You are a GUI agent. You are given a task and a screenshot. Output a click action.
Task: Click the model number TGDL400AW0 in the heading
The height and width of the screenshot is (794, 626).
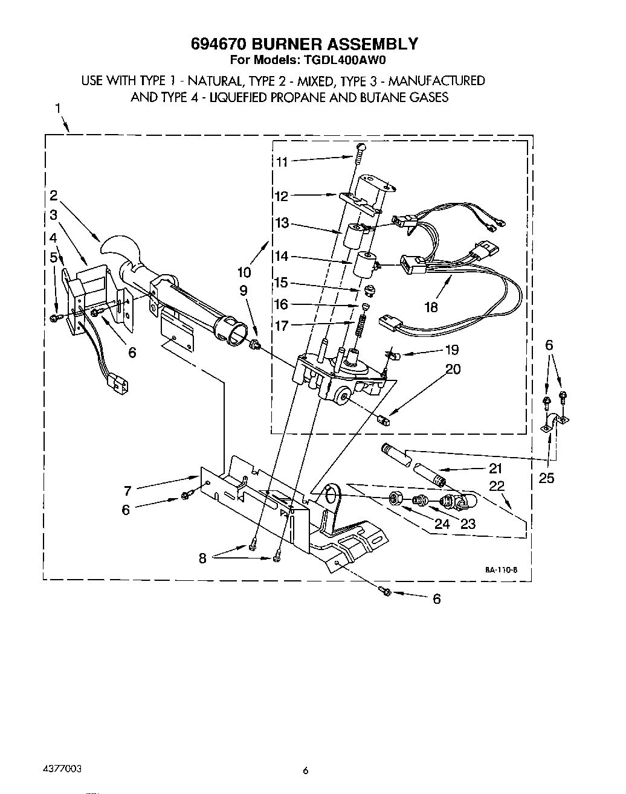tap(351, 60)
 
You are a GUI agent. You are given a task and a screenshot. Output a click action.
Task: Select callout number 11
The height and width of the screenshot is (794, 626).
tap(282, 162)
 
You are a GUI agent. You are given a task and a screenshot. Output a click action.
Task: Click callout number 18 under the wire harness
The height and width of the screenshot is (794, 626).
tap(431, 307)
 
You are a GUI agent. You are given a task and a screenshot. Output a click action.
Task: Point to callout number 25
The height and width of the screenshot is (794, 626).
tap(546, 478)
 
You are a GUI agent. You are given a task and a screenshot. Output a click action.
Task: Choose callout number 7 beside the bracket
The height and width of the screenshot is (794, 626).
tap(128, 491)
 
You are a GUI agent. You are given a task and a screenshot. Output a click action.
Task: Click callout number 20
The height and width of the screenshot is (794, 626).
tap(453, 369)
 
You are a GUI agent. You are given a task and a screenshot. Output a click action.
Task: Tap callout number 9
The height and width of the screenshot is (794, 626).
tap(244, 291)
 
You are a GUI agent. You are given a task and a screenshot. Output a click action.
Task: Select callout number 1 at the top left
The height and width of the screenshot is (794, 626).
tap(57, 109)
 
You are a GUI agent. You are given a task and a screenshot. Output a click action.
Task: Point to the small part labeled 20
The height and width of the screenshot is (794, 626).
tap(382, 418)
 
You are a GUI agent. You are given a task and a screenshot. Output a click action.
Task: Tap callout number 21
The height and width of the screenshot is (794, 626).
tap(495, 468)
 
